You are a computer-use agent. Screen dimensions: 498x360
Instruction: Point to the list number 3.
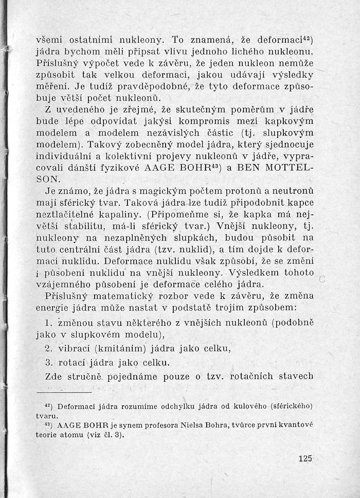click(48, 362)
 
